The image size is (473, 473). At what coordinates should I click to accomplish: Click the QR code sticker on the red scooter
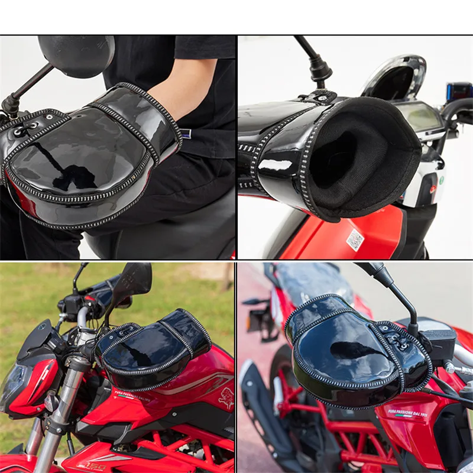[x=355, y=239]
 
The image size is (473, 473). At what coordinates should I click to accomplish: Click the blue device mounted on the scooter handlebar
[x=459, y=92]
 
